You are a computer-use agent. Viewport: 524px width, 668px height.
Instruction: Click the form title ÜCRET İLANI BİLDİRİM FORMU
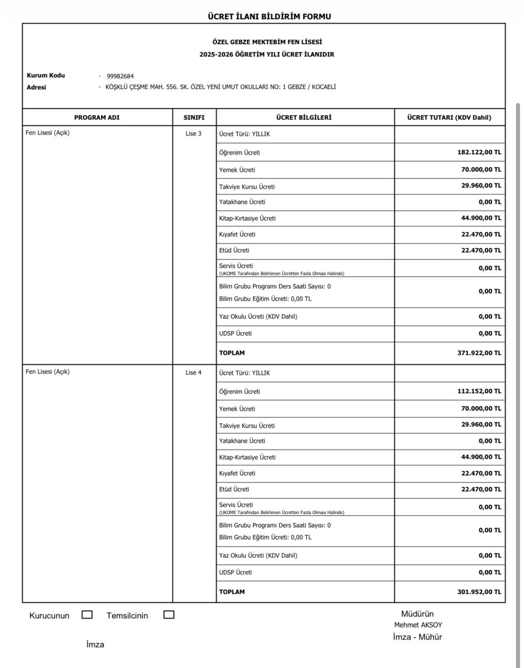pyautogui.click(x=269, y=16)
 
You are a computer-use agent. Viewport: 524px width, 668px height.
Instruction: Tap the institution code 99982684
pyautogui.click(x=120, y=76)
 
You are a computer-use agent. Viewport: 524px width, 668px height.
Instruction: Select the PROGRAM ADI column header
pyautogui.click(x=96, y=118)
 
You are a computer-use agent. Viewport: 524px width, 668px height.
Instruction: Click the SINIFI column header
pyautogui.click(x=194, y=118)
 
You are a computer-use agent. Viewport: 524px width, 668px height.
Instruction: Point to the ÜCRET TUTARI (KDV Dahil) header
pyautogui.click(x=449, y=118)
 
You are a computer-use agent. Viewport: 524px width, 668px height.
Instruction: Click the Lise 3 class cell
pyautogui.click(x=193, y=134)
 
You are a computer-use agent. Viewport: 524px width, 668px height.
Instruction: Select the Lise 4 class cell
pyautogui.click(x=193, y=373)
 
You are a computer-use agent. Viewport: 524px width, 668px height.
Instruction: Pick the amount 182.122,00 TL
pyautogui.click(x=479, y=152)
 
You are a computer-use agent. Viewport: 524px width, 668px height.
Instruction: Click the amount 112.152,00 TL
pyautogui.click(x=479, y=391)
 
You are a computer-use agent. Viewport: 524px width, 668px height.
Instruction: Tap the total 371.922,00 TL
pyautogui.click(x=479, y=353)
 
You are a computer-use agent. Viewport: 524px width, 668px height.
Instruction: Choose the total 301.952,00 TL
pyautogui.click(x=479, y=592)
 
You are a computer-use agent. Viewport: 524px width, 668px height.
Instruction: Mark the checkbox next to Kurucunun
pyautogui.click(x=87, y=615)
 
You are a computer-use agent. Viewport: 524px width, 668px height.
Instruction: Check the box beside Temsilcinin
pyautogui.click(x=169, y=615)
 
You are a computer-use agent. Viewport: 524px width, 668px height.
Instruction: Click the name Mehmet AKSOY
pyautogui.click(x=418, y=625)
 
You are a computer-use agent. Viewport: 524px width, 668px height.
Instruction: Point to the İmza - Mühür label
pyautogui.click(x=417, y=637)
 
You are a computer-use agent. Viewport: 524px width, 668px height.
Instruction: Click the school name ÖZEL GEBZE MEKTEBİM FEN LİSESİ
pyautogui.click(x=267, y=42)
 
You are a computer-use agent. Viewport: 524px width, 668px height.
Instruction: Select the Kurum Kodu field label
pyautogui.click(x=46, y=76)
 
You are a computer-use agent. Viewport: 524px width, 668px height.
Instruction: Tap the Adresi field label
pyautogui.click(x=36, y=87)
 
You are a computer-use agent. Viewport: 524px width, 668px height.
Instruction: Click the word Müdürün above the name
pyautogui.click(x=417, y=614)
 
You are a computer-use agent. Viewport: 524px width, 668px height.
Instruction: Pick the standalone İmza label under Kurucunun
pyautogui.click(x=95, y=644)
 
